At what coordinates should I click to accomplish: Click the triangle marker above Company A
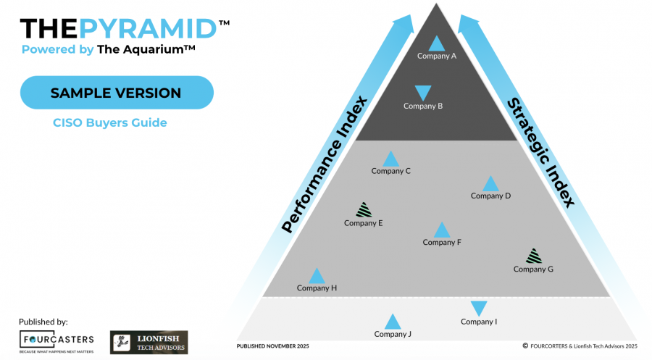click(436, 43)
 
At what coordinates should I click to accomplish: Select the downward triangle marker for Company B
click(423, 93)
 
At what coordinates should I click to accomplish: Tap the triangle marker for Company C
click(390, 159)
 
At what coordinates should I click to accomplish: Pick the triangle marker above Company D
click(490, 183)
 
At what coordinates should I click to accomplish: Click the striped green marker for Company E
click(364, 210)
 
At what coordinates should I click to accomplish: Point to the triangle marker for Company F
click(441, 230)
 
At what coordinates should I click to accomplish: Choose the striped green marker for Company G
click(533, 256)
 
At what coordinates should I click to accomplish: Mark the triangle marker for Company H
click(317, 276)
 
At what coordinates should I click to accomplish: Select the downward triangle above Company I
click(479, 308)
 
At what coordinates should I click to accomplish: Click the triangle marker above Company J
click(393, 322)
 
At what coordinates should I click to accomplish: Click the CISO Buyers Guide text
click(110, 122)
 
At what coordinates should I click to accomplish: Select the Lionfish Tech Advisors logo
click(149, 342)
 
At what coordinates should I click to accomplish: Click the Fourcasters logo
click(57, 340)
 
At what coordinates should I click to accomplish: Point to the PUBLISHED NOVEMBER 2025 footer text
click(272, 346)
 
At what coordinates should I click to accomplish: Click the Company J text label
click(393, 334)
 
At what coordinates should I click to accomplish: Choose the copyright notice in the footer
click(579, 346)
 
